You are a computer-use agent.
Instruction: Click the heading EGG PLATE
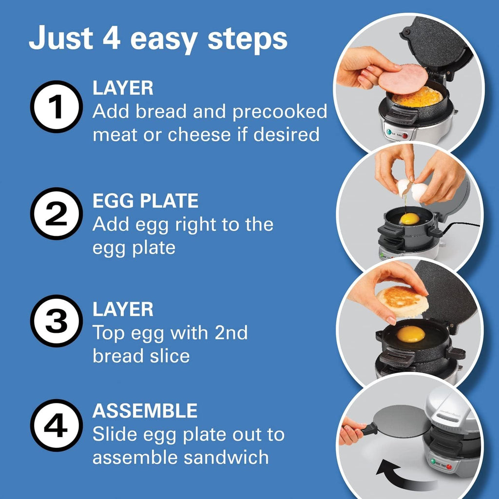(x=145, y=201)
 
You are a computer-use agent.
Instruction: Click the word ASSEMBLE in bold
(x=145, y=411)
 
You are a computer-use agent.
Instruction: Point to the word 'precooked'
(x=280, y=112)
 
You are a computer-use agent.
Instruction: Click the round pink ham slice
(x=403, y=78)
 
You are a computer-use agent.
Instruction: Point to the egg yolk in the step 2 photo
(x=409, y=218)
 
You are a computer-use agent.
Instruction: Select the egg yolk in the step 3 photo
(x=411, y=334)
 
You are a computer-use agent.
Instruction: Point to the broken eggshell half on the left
(x=403, y=187)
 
